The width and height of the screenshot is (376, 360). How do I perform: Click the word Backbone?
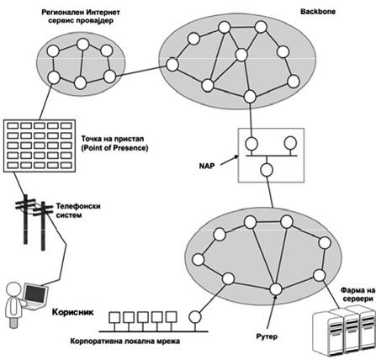318,12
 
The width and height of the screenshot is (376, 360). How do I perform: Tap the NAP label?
207,166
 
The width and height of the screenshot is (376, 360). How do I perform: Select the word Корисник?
73,312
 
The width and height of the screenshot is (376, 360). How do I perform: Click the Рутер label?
267,336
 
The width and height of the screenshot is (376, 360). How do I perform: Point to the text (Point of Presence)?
114,148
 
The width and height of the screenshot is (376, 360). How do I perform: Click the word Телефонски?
78,206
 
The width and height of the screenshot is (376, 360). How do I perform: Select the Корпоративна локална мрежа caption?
125,341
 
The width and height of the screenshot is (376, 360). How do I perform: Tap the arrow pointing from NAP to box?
229,161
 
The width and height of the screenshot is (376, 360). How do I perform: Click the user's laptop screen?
34,295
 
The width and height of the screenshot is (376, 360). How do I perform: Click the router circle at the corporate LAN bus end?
195,317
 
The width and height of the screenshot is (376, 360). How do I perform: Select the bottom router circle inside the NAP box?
267,170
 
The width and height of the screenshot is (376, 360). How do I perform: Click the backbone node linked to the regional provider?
172,65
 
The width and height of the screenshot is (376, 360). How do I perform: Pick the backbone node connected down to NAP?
250,97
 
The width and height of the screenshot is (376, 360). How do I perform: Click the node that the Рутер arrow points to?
276,289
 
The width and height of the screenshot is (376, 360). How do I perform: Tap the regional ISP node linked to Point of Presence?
54,77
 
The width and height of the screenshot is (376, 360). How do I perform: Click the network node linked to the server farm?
319,275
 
